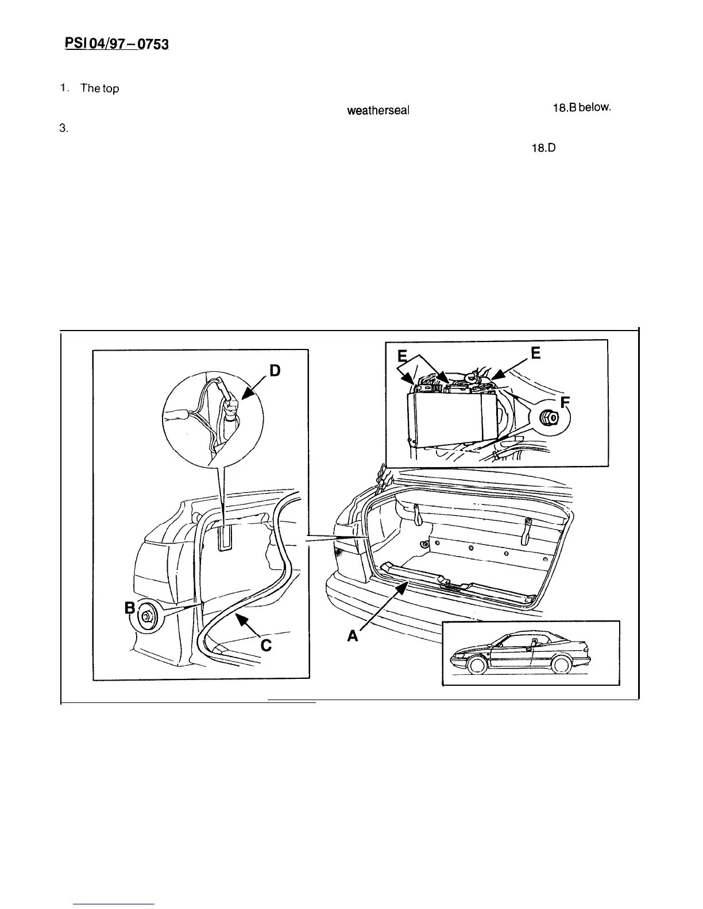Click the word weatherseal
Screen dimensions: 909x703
(377, 111)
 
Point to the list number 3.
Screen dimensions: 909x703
(64, 129)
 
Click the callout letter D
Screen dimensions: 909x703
(275, 371)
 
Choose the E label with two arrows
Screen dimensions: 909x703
(404, 356)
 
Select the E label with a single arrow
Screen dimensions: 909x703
(535, 354)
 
